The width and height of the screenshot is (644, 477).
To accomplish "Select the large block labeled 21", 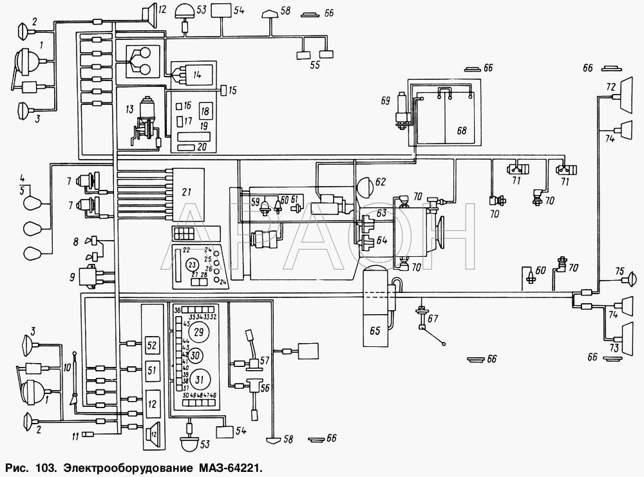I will pyautogui.click(x=187, y=192).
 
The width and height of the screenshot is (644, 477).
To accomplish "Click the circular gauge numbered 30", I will pyautogui.click(x=197, y=355).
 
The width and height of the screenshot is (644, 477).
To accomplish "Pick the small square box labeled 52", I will pyautogui.click(x=152, y=346).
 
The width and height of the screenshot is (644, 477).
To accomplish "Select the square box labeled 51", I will pyautogui.click(x=152, y=370).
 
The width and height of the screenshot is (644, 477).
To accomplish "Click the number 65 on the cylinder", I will pyautogui.click(x=375, y=332).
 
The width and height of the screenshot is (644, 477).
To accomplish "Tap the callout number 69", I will pyautogui.click(x=386, y=100).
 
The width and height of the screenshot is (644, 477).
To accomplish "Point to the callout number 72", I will pyautogui.click(x=611, y=85).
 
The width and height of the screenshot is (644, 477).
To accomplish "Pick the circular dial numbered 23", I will pyautogui.click(x=191, y=265).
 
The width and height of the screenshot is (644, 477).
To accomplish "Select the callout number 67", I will pyautogui.click(x=432, y=318).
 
